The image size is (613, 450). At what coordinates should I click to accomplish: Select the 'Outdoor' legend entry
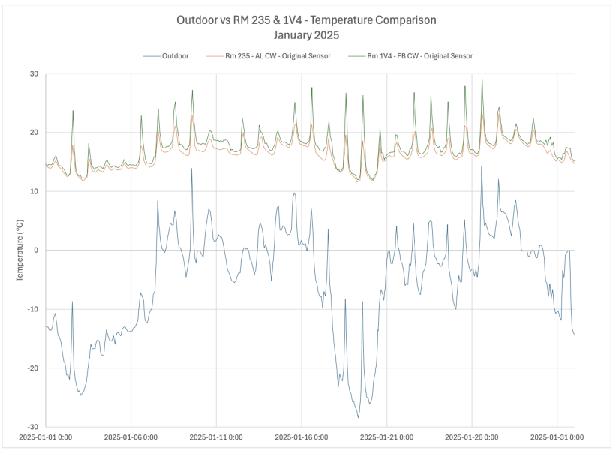click(x=175, y=55)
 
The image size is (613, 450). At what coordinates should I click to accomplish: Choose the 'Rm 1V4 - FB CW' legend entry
click(x=419, y=55)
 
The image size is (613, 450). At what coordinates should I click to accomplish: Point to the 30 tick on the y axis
click(x=34, y=73)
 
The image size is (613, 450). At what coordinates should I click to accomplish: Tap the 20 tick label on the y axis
click(x=34, y=133)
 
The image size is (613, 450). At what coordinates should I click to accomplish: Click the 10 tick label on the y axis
click(x=34, y=191)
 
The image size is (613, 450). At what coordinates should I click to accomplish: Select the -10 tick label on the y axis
click(x=32, y=309)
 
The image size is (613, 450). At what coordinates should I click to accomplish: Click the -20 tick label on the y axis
click(x=32, y=367)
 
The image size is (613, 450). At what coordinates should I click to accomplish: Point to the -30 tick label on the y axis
click(x=32, y=426)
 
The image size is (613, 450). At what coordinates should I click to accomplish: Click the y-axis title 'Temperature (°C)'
click(x=20, y=250)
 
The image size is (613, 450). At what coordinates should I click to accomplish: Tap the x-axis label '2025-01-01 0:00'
click(x=46, y=436)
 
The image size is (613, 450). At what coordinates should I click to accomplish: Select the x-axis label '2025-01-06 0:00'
click(x=131, y=436)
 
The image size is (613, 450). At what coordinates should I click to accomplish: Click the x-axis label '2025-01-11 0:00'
click(x=216, y=436)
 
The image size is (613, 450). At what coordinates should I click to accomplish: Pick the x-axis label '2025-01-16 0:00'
click(x=302, y=436)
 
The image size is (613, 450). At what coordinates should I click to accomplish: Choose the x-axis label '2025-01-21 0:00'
click(x=386, y=436)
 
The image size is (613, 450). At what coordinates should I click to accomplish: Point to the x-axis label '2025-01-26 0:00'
click(x=472, y=436)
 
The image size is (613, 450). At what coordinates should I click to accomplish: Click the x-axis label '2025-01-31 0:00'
click(x=557, y=436)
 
